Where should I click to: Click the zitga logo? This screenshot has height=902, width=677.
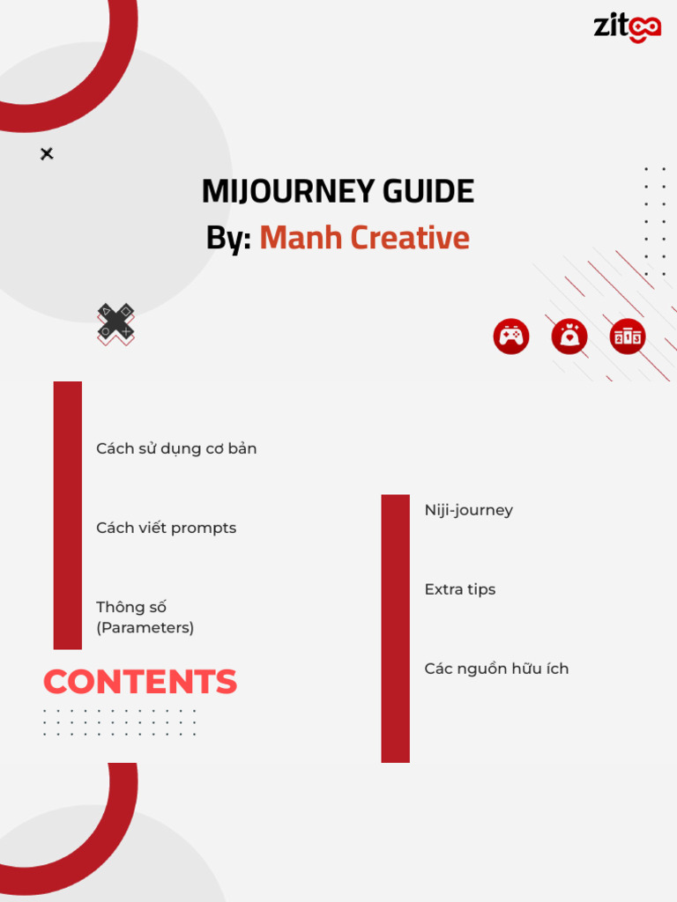pyautogui.click(x=627, y=26)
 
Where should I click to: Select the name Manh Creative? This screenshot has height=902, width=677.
pyautogui.click(x=364, y=238)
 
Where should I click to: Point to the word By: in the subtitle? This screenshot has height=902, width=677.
pyautogui.click(x=228, y=238)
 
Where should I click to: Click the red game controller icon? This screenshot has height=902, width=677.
pyautogui.click(x=511, y=336)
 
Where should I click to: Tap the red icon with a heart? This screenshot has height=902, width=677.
pyautogui.click(x=569, y=336)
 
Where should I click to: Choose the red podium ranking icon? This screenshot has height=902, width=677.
pyautogui.click(x=628, y=336)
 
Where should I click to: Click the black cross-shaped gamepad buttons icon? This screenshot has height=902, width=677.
pyautogui.click(x=115, y=322)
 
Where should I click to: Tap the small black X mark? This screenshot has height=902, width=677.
pyautogui.click(x=47, y=154)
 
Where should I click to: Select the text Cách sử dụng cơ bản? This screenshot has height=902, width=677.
pyautogui.click(x=176, y=448)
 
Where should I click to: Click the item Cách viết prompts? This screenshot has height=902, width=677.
pyautogui.click(x=166, y=528)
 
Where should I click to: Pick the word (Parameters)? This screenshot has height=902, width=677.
pyautogui.click(x=145, y=628)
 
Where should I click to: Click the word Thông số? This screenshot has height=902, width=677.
pyautogui.click(x=131, y=607)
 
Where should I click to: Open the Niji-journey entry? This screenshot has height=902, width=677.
pyautogui.click(x=468, y=510)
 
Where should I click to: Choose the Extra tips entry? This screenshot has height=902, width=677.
pyautogui.click(x=459, y=589)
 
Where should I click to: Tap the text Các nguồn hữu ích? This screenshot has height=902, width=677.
pyautogui.click(x=496, y=669)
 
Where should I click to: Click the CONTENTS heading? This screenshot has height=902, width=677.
pyautogui.click(x=140, y=682)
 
